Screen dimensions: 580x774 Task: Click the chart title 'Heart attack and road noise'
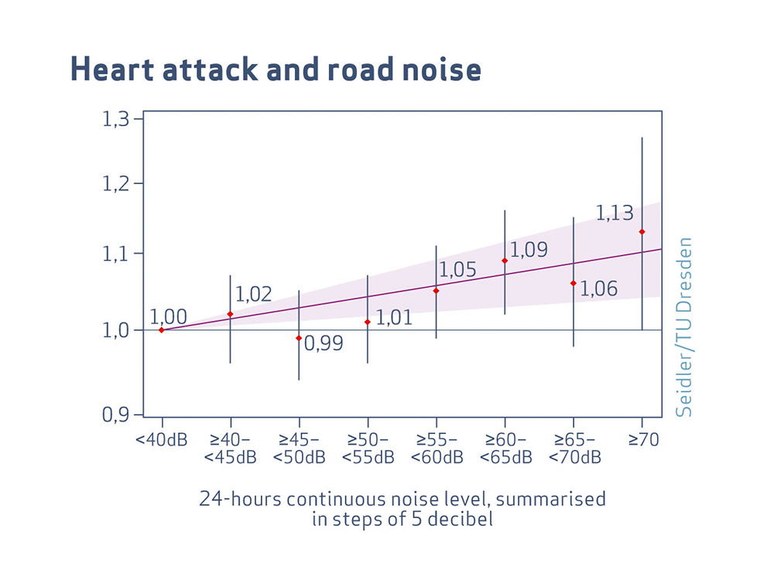(276, 70)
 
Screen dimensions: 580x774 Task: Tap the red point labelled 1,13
(642, 232)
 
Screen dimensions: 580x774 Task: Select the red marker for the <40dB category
(161, 330)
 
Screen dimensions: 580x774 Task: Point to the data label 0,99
(324, 343)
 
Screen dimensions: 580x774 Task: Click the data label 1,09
(529, 250)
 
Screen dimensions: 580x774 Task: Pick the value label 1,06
(599, 289)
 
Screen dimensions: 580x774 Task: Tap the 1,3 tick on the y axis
(118, 119)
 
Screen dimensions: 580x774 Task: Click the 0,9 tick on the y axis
(118, 415)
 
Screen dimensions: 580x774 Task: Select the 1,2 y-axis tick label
(118, 184)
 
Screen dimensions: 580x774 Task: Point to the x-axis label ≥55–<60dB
(437, 449)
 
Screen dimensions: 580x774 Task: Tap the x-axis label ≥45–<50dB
(299, 449)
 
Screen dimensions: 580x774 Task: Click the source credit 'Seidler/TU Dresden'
(683, 327)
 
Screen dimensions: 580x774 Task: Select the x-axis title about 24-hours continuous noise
(402, 508)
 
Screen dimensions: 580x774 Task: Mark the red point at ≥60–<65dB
(505, 261)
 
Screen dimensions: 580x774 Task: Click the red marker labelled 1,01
(368, 322)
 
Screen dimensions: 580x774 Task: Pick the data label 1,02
(254, 294)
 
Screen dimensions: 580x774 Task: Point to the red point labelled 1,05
(436, 291)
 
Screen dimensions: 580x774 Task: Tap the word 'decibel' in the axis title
(461, 518)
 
